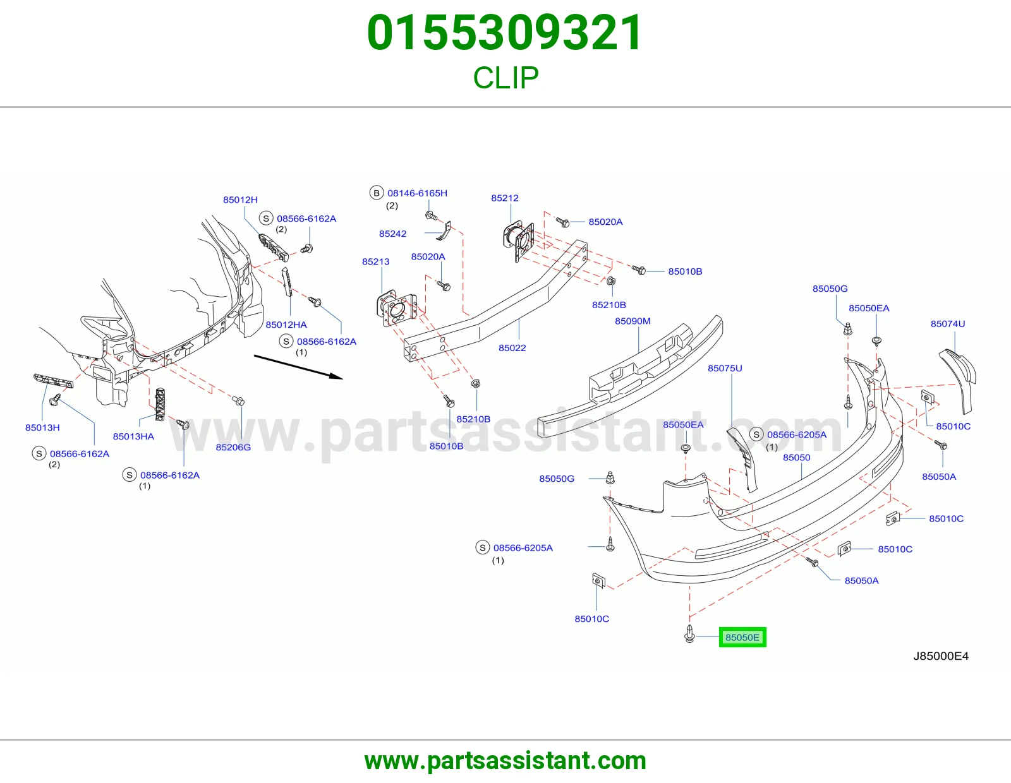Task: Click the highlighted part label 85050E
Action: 742,637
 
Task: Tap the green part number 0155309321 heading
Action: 505,33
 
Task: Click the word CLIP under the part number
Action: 505,78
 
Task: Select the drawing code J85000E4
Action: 941,656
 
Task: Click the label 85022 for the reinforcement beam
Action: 512,348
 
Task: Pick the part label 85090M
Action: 633,321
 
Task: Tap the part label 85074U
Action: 948,323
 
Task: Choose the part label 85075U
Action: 725,368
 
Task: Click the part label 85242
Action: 392,234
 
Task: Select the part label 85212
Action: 505,198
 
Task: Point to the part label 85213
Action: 376,261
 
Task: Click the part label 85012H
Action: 240,200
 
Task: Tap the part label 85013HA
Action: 133,436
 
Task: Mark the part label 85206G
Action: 233,447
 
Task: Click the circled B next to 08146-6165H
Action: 377,193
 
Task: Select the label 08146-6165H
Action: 417,193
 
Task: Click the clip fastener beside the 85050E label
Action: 689,633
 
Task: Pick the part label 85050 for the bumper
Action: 797,458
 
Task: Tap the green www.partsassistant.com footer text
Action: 505,761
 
